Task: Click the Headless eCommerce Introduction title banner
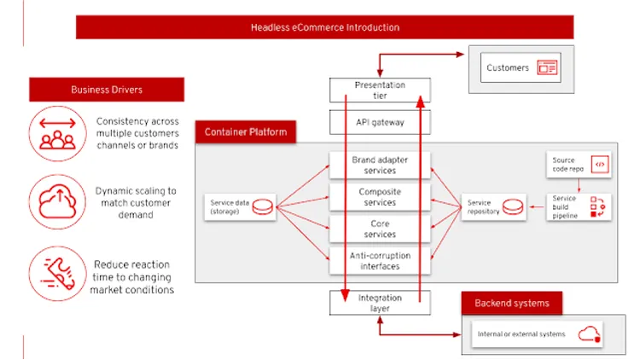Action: coord(324,27)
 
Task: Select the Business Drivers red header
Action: coord(107,90)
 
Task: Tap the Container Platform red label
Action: coord(247,132)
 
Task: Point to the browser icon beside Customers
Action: coord(547,68)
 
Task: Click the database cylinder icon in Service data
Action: coord(263,207)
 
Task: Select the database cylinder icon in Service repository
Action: coord(512,207)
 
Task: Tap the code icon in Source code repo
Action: coord(600,165)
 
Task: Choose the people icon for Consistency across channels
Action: coord(58,133)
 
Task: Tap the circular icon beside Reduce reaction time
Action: coord(58,272)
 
